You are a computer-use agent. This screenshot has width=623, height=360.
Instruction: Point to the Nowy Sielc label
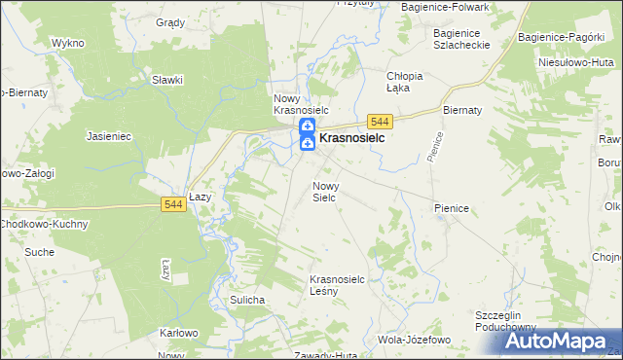click(x=324, y=191)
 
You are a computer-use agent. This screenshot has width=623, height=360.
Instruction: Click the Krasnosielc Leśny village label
click(x=337, y=284)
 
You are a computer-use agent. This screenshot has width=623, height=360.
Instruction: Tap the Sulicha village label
click(x=247, y=300)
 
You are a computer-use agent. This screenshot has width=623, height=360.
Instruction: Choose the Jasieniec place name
click(x=109, y=136)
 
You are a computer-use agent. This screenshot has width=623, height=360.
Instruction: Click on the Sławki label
click(x=167, y=80)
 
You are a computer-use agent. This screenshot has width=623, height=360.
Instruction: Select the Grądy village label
click(x=170, y=21)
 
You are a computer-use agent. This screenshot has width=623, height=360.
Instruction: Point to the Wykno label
click(x=68, y=44)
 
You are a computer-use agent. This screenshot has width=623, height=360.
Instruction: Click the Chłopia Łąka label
click(x=404, y=82)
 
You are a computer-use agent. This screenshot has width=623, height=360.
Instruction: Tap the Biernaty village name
click(x=462, y=110)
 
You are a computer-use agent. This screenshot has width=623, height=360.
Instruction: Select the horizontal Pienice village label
click(x=453, y=208)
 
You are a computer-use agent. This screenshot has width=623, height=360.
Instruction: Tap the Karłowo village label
click(x=178, y=333)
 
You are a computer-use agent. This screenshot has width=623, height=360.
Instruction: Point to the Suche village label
click(x=40, y=252)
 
